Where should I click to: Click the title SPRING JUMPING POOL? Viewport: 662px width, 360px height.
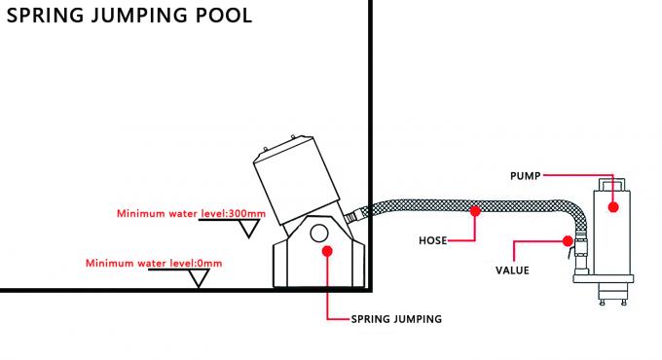coord(129,16)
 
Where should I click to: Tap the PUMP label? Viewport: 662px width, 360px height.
coord(527,175)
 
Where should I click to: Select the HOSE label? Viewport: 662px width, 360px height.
coord(429,238)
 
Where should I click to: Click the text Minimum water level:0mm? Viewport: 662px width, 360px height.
coord(155,263)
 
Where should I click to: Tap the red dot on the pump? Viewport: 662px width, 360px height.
coord(612,206)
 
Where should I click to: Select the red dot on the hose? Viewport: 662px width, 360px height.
coord(475,209)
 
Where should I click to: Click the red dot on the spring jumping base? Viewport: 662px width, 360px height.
coord(327,250)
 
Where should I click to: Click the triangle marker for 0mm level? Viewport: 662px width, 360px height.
coord(202,278)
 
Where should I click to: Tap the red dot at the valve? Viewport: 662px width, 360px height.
coord(570,239)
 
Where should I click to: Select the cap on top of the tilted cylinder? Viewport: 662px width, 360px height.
coord(283,145)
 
